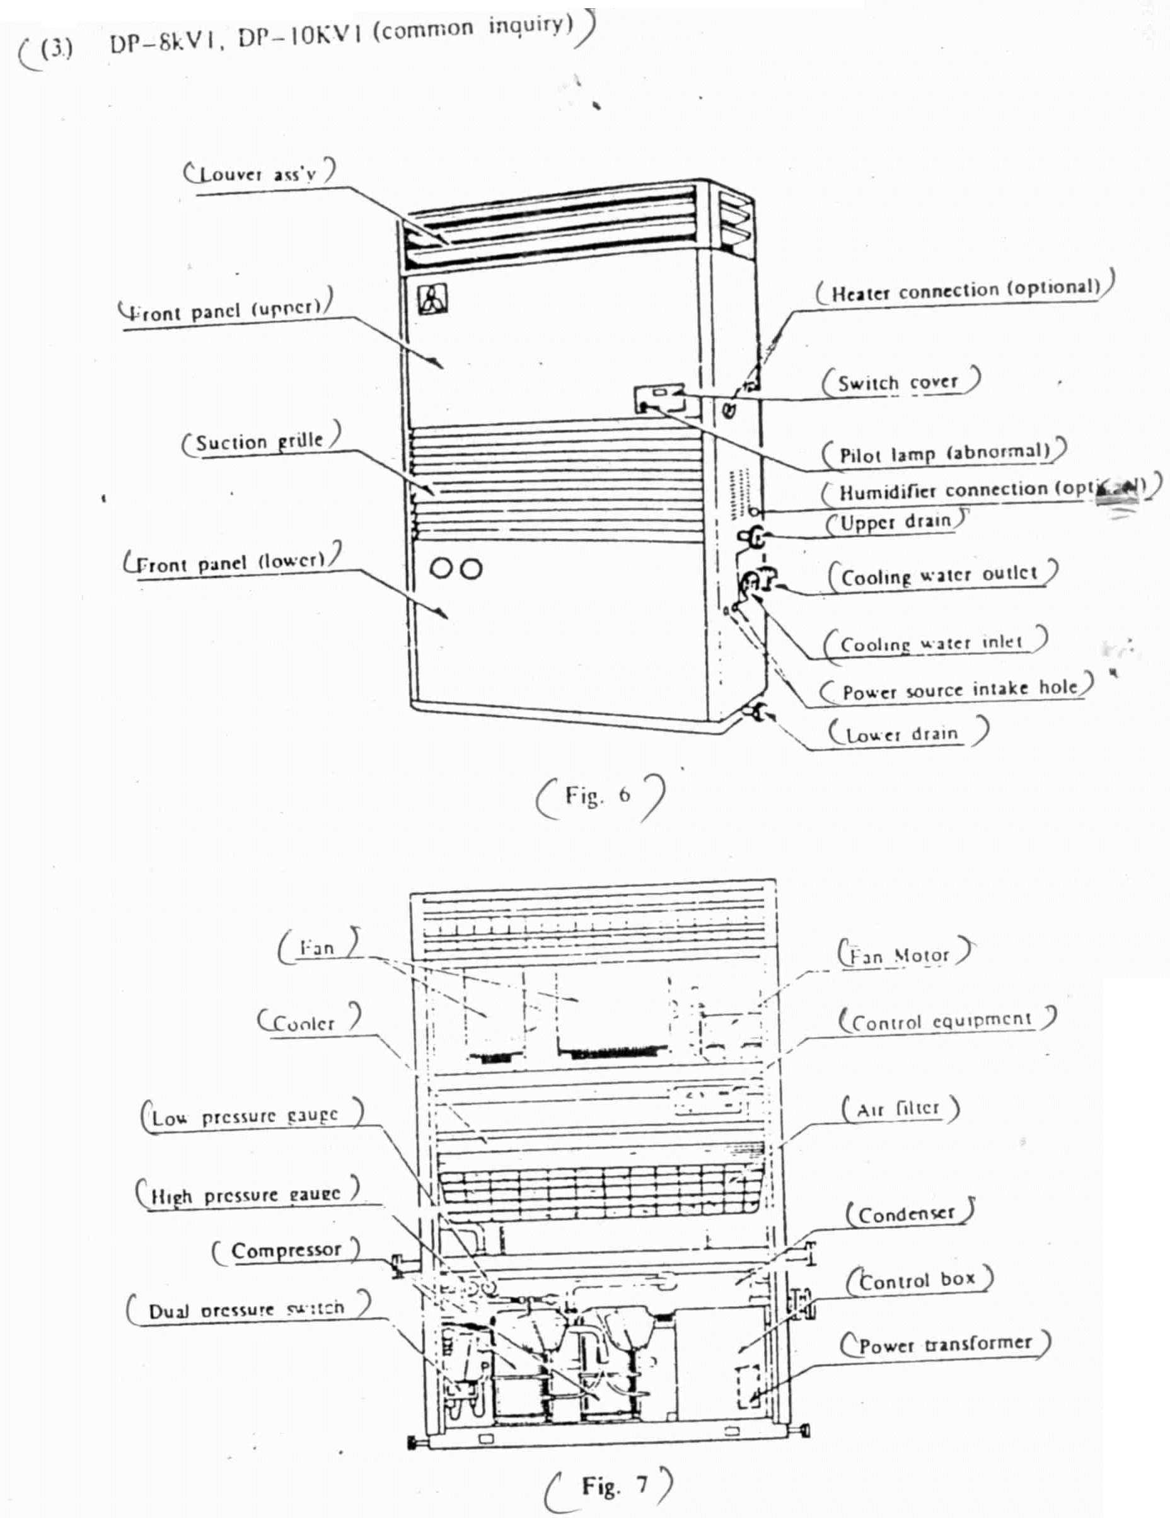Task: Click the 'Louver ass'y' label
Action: coord(258,173)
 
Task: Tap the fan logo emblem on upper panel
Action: coord(432,300)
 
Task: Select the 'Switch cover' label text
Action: coord(898,382)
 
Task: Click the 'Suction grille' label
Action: coord(259,441)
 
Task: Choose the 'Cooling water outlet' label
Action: coord(939,576)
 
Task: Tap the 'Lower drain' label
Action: coord(901,734)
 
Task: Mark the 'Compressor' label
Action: coord(286,1251)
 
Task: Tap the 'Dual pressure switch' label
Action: coord(246,1310)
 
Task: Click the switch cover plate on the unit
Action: coord(657,399)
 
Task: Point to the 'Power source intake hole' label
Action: coord(959,690)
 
